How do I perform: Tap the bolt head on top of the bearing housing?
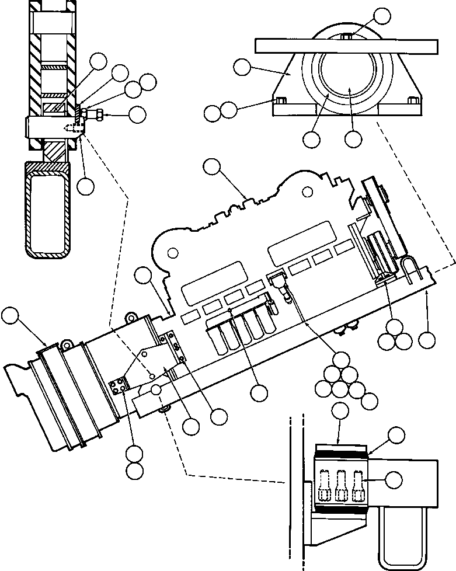[x=346, y=37]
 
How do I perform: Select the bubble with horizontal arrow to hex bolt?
[x=138, y=115]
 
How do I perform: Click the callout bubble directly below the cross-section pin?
[x=85, y=186]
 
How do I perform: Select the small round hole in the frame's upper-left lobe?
[x=173, y=253]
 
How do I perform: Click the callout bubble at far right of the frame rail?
[x=427, y=340]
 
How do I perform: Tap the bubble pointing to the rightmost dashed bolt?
[x=395, y=479]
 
